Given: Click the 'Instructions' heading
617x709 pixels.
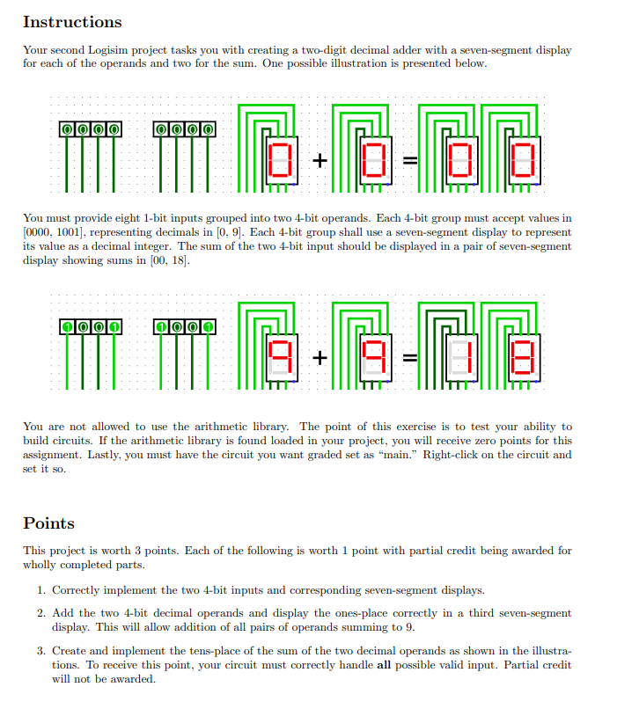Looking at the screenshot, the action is click(x=72, y=22).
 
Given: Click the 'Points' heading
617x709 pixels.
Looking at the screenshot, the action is click(x=48, y=523).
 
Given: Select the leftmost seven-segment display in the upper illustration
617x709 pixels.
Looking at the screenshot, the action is click(x=282, y=160).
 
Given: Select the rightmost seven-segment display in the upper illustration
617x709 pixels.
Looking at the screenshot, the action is click(x=523, y=160).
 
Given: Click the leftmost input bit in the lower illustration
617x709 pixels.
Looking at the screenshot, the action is click(x=67, y=327).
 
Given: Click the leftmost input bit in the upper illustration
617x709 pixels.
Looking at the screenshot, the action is click(x=67, y=130).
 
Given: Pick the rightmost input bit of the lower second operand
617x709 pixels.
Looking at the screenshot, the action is click(x=208, y=327).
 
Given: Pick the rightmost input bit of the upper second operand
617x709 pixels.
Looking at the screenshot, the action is click(x=208, y=130).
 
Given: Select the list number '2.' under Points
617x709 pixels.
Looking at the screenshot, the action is click(x=41, y=612).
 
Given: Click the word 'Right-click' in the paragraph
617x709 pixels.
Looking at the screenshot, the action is click(x=449, y=455).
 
